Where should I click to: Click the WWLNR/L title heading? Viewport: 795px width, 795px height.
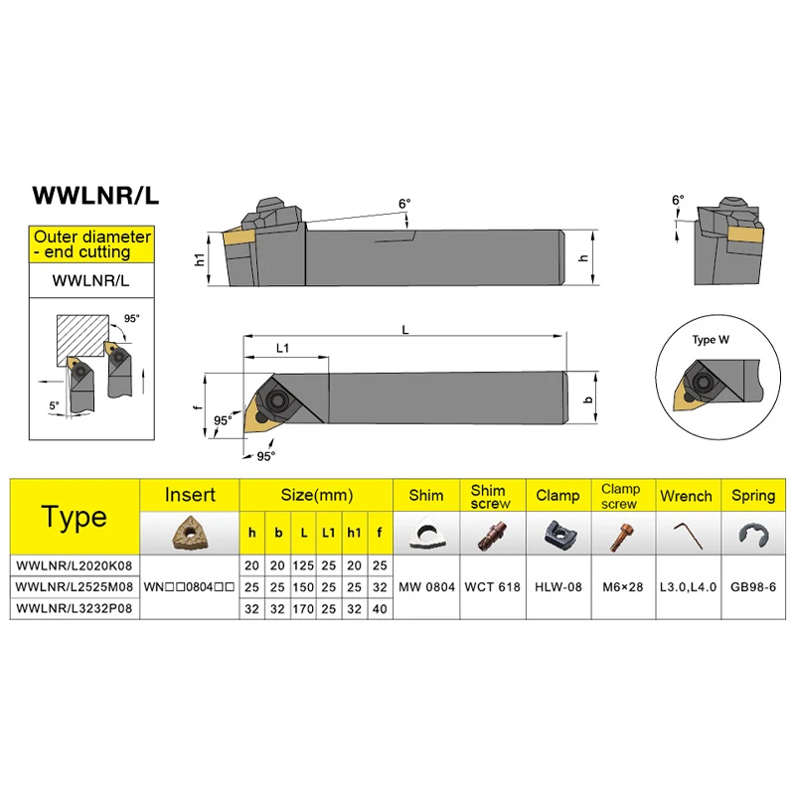coord(95,196)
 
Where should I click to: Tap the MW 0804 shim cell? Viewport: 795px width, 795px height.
coord(427,586)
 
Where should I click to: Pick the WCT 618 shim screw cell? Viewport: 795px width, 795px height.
coord(495,586)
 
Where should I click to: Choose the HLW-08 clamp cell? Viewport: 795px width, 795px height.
coord(558,586)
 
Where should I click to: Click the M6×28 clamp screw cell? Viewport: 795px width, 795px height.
coord(621,586)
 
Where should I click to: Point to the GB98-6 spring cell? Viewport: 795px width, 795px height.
coord(753,586)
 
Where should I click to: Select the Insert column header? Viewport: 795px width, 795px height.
coord(190,495)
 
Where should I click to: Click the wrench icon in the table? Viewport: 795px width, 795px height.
coord(687,534)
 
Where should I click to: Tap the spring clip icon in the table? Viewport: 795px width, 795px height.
coord(752,535)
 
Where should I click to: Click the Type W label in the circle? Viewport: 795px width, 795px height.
coord(711,340)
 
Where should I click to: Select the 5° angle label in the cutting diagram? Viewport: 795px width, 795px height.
coord(54,404)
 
